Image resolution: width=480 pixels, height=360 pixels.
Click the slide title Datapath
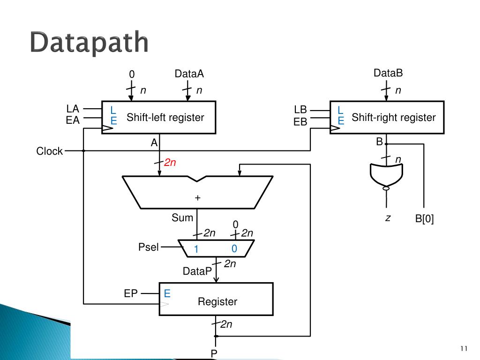coord(89,43)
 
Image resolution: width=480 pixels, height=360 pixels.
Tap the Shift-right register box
coord(387,117)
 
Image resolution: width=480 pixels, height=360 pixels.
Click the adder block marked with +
coord(197,192)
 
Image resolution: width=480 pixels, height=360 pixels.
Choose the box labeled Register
coord(216,299)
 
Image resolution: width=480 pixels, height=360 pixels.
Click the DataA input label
coord(189,74)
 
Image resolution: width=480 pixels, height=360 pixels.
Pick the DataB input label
coord(388,73)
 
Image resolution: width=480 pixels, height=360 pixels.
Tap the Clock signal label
coord(50,151)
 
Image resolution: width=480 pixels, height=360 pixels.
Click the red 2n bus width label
coord(170,163)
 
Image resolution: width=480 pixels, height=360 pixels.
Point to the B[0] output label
coord(425,218)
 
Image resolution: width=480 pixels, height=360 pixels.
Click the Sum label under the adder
coord(182,217)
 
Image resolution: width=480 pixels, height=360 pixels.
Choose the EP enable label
coord(131,294)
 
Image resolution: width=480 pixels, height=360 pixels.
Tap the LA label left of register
coord(73,109)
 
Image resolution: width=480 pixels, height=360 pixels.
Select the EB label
coord(300,122)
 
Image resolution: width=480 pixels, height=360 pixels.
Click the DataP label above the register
coord(197,271)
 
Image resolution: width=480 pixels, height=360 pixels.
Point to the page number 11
coord(464,348)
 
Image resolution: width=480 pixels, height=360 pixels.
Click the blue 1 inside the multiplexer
coord(197,250)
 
